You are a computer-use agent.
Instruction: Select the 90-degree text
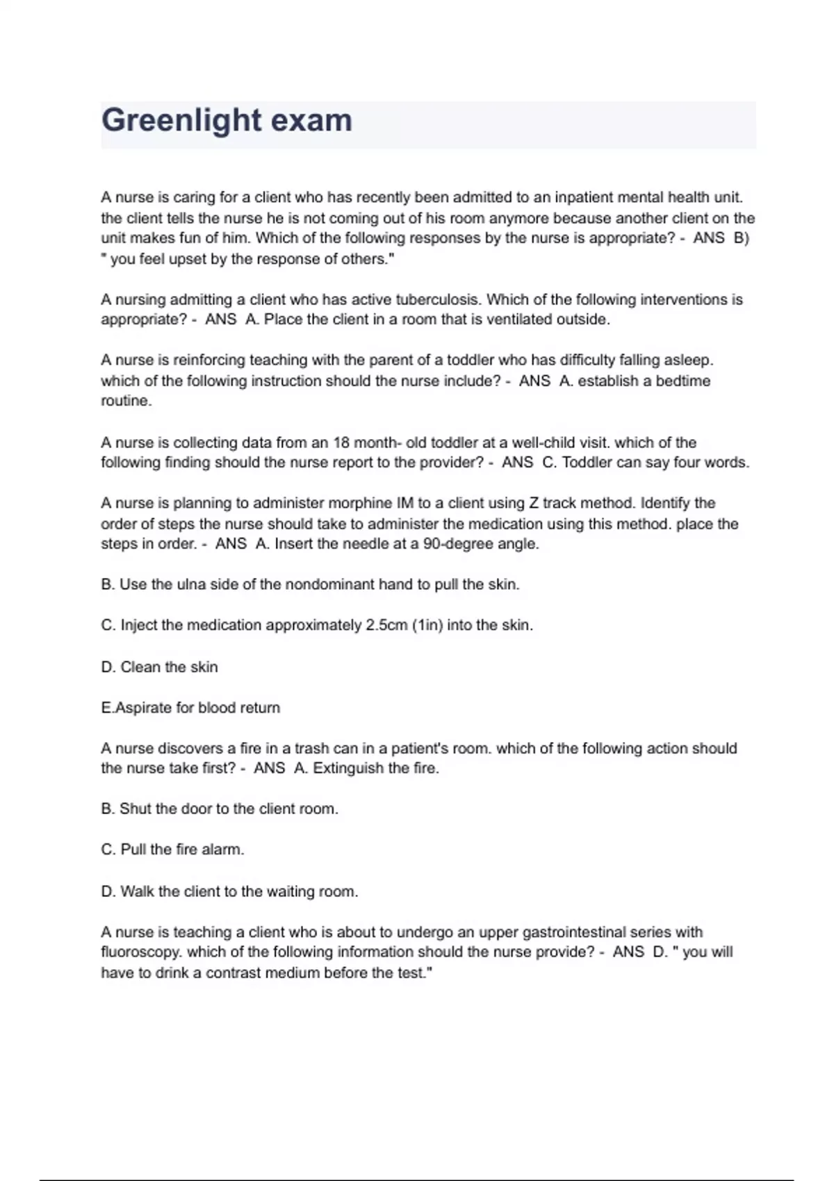(x=456, y=544)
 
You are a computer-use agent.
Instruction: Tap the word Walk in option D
(x=137, y=891)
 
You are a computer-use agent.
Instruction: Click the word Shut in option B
(x=136, y=809)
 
